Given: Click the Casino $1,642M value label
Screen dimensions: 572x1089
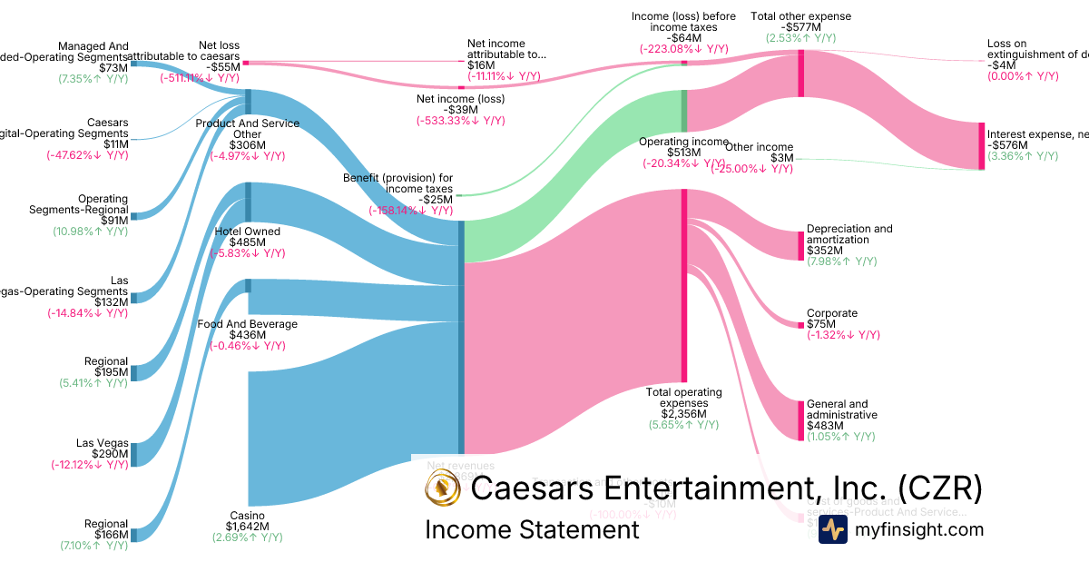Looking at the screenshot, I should tap(247, 527).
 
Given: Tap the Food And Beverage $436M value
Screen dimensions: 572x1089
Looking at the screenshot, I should tap(247, 335).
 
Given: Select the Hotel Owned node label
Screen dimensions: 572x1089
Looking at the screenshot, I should tap(248, 232).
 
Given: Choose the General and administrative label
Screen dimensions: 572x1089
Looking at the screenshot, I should tap(837, 409).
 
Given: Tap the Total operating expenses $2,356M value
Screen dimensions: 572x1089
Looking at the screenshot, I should tap(683, 413).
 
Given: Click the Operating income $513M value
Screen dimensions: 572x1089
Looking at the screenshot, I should tap(683, 153).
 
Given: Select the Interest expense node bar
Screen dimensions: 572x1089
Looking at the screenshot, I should tap(980, 145).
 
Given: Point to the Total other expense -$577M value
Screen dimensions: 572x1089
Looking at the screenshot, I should tap(800, 27).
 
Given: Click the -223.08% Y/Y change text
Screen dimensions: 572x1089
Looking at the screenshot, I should tap(683, 49).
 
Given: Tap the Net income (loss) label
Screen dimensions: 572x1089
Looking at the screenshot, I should tap(460, 99).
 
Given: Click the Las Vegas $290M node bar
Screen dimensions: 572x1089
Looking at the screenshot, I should tap(134, 454).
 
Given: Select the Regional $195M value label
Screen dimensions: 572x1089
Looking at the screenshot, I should tap(106, 372).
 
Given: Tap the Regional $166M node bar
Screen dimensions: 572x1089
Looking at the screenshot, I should tap(134, 535).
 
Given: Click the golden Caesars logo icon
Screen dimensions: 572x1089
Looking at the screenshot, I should tap(443, 489).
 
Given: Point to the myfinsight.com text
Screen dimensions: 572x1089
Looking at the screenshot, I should tap(917, 529).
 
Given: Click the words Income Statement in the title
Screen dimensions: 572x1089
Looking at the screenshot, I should tap(532, 529).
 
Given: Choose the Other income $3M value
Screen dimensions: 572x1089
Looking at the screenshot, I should tap(782, 158).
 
